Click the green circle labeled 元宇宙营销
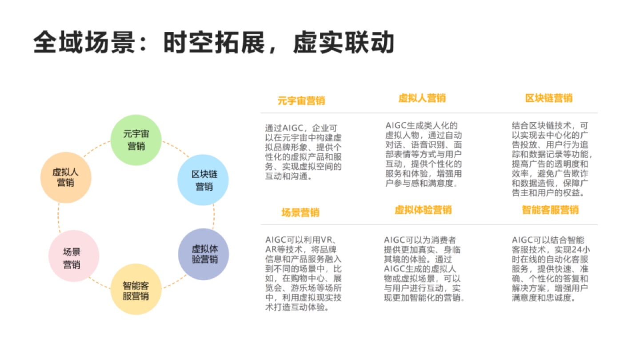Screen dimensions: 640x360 pyautogui.click(x=136, y=140)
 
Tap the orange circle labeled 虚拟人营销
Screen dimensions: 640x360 pyautogui.click(x=66, y=177)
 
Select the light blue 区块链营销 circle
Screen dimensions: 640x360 pyautogui.click(x=203, y=180)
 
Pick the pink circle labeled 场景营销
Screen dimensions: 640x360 pyautogui.click(x=74, y=256)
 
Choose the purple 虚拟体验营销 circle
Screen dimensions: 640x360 pyautogui.click(x=204, y=254)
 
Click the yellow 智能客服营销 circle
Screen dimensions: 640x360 pyautogui.click(x=136, y=289)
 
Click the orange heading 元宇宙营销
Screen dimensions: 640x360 pyautogui.click(x=301, y=100)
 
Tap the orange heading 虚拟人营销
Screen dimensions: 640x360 pyautogui.click(x=422, y=98)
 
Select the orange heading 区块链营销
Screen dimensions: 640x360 pyautogui.click(x=549, y=98)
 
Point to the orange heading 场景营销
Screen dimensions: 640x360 pyautogui.click(x=300, y=212)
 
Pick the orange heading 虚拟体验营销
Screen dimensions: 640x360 pyautogui.click(x=423, y=210)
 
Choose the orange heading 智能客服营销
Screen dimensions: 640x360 pyautogui.click(x=550, y=210)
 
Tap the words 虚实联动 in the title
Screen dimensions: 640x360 pyautogui.click(x=344, y=42)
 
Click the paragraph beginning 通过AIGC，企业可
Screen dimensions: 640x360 pyautogui.click(x=303, y=152)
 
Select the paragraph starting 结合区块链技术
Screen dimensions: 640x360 pyautogui.click(x=552, y=159)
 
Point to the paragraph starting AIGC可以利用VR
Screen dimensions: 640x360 pyautogui.click(x=303, y=273)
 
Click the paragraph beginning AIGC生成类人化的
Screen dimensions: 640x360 pyautogui.click(x=424, y=154)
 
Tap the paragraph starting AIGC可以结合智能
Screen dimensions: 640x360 pyautogui.click(x=551, y=268)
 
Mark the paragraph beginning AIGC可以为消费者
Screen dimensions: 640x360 pyautogui.click(x=424, y=268)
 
